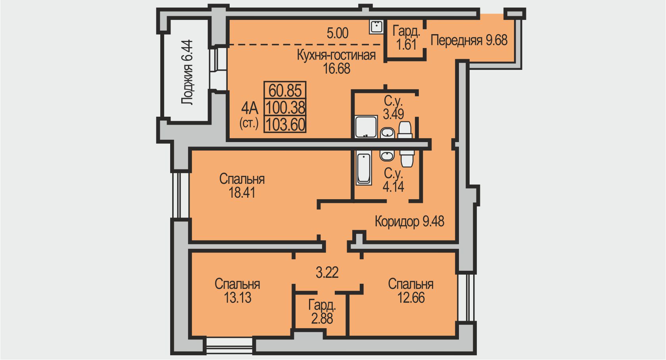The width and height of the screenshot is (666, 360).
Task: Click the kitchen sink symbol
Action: point(376,27)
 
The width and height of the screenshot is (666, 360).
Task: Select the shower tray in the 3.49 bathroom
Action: point(366,127)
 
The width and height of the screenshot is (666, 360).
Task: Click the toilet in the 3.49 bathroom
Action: point(405,130)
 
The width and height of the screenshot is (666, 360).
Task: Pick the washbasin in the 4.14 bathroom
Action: point(387,155)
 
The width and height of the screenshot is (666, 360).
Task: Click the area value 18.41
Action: point(242,193)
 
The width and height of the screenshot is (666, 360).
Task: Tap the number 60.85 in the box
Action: point(285,90)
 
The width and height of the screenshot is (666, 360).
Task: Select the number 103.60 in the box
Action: point(285,125)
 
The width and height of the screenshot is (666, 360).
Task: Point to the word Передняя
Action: point(457,40)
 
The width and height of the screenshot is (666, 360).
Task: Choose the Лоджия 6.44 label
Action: point(187,72)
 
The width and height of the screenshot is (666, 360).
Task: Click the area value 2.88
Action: point(322,319)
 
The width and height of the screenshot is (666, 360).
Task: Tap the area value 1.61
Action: point(406,44)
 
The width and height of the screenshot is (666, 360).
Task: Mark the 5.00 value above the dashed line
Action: point(338,33)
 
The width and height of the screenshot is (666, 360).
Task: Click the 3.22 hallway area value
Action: point(327,273)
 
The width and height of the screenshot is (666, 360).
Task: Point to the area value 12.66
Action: point(411,298)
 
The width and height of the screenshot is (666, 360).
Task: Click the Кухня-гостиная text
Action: point(336,55)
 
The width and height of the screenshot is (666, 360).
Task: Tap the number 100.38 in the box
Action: point(285,108)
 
